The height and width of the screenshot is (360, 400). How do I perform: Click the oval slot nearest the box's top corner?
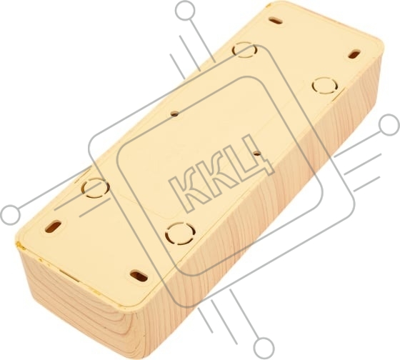tap(276, 21)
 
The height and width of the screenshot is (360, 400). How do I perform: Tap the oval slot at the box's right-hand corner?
tap(354, 54)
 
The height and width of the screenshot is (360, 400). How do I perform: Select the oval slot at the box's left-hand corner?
tap(53, 226)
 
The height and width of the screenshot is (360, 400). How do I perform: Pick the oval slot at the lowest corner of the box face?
tap(139, 276)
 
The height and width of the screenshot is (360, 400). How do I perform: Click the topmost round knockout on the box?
tap(244, 50)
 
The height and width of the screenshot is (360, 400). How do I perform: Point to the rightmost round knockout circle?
tap(325, 86)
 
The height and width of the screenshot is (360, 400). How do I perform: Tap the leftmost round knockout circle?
tap(96, 188)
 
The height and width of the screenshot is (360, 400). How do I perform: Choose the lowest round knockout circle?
tap(180, 233)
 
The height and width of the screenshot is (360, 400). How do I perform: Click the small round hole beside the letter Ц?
tap(256, 154)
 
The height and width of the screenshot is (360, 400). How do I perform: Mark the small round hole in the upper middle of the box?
tap(174, 114)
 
